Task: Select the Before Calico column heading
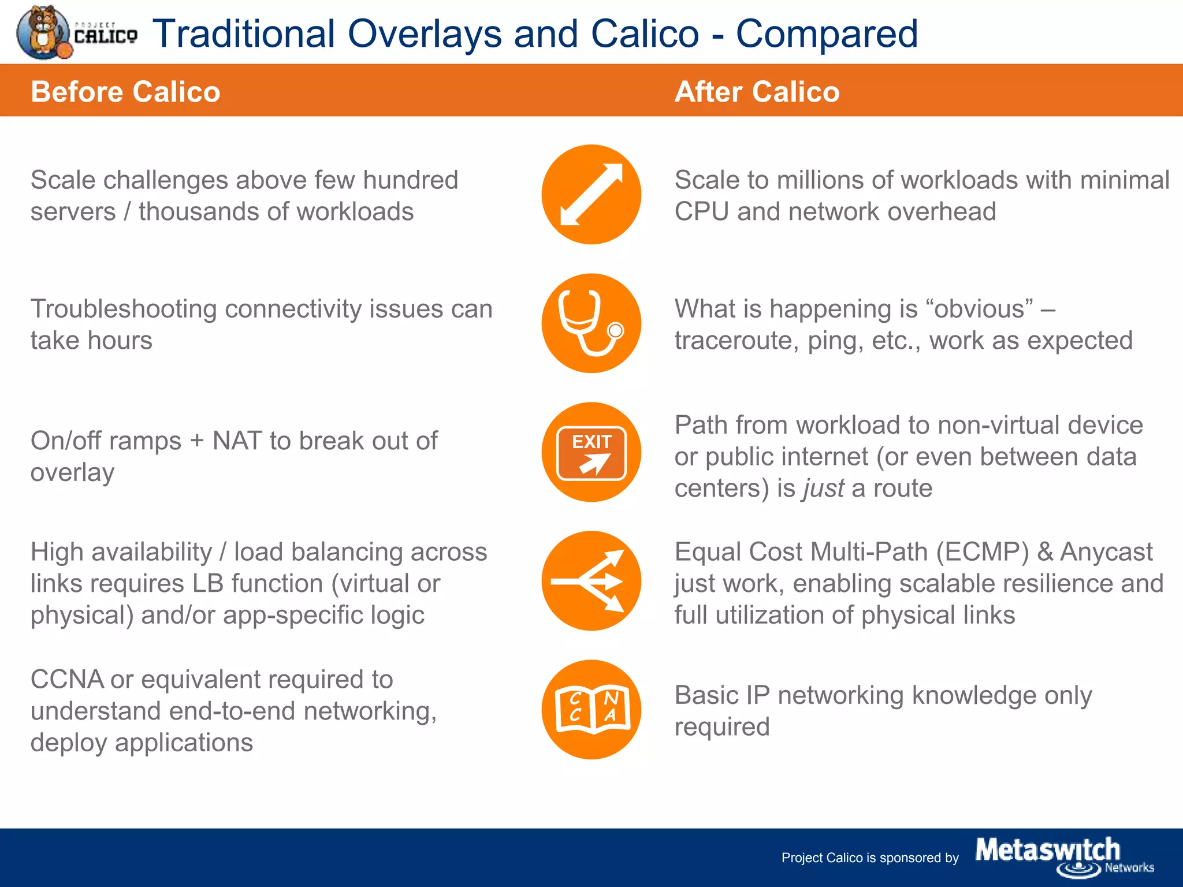coord(125,92)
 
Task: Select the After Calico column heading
coord(757,92)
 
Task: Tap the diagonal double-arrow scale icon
coord(591,195)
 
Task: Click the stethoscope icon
coord(591,323)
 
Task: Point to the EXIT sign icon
coord(591,452)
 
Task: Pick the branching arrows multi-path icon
coord(591,581)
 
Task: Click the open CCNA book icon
coord(591,710)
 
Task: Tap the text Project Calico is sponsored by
coord(869,858)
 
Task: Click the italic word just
coord(824,489)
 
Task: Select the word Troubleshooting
coord(123,309)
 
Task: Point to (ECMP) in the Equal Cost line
coord(982,552)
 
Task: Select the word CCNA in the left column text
coord(66,680)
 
